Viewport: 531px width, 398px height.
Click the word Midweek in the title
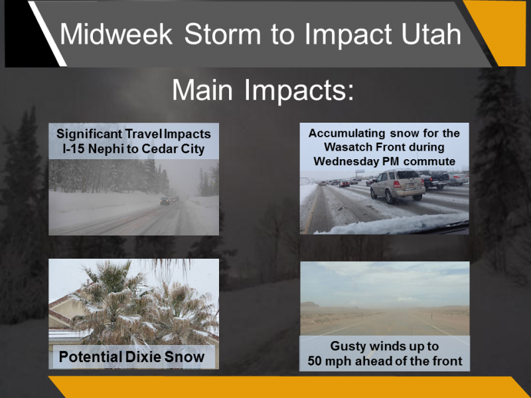pos(116,34)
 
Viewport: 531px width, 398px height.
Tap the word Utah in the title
pos(431,34)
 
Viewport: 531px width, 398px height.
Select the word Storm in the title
pos(222,34)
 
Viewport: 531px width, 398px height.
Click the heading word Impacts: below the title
pos(299,90)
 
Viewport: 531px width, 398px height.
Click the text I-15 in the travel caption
pos(74,149)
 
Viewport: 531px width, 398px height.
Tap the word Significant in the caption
pos(90,134)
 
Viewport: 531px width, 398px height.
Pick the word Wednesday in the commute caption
pos(346,161)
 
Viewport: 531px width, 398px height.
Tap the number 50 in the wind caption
pos(314,361)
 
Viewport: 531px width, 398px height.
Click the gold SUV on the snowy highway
pos(398,186)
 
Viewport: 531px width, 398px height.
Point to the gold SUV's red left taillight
pos(397,184)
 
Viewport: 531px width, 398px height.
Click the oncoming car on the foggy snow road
pos(165,201)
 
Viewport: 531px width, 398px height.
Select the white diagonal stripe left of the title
pos(47,34)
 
